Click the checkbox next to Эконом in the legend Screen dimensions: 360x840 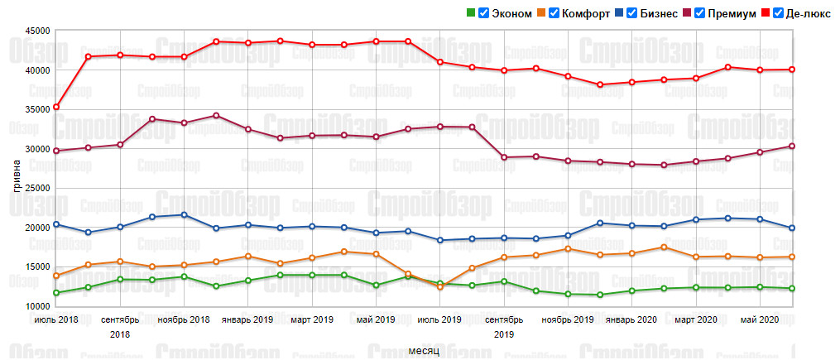pyautogui.click(x=483, y=13)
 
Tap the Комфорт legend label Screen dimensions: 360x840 pyautogui.click(x=587, y=13)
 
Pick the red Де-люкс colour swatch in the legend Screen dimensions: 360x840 pyautogui.click(x=766, y=13)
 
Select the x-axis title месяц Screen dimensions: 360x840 pyautogui.click(x=423, y=351)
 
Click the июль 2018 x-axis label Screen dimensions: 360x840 pyautogui.click(x=56, y=319)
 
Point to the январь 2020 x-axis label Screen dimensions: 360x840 pyautogui.click(x=631, y=319)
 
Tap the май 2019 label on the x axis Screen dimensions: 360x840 pyautogui.click(x=375, y=319)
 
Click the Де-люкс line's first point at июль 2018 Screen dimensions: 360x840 pyautogui.click(x=56, y=107)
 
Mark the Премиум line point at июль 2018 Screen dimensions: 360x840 pyautogui.click(x=56, y=151)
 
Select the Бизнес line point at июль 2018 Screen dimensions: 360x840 pyautogui.click(x=56, y=224)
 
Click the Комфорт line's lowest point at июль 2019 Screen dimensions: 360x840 pyautogui.click(x=440, y=287)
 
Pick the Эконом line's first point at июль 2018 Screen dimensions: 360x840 pyautogui.click(x=56, y=293)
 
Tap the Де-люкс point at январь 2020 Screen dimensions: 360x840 pyautogui.click(x=631, y=82)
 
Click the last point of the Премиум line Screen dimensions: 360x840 pyautogui.click(x=792, y=146)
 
